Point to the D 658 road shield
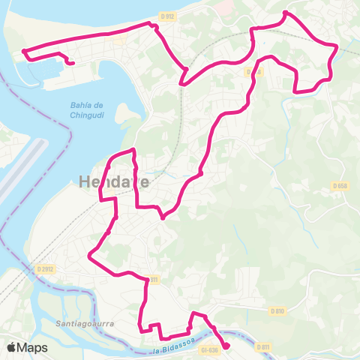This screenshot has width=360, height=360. pos(340,186)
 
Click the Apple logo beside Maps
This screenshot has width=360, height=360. pos(13,347)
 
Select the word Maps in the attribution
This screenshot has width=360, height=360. pos(34,347)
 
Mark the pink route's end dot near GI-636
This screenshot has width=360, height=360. pos(226,346)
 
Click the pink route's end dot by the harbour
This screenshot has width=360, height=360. pos(71,64)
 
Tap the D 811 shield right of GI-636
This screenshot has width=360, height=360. pos(262,347)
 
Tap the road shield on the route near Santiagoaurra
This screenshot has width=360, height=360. pos(154,280)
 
